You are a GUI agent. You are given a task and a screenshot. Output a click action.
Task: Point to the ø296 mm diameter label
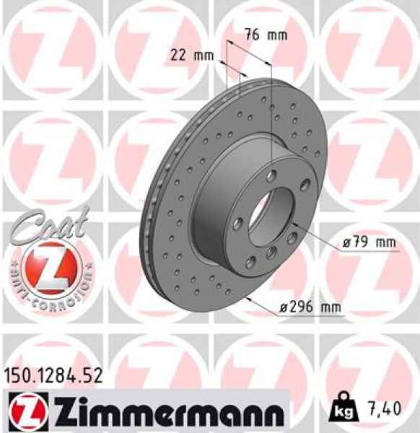point(310,309)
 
